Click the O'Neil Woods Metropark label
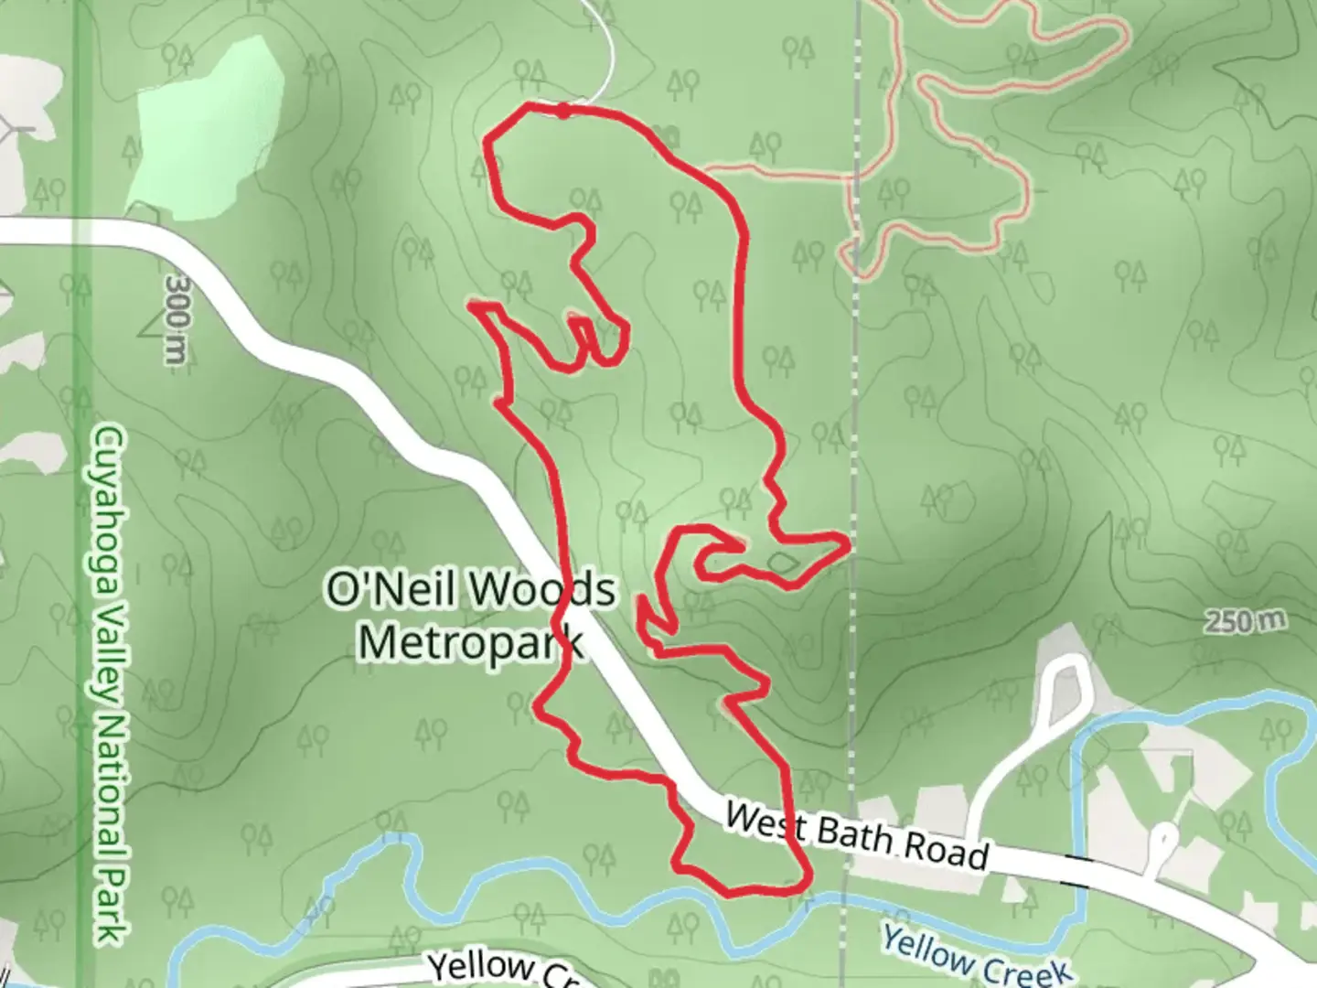pos(470,615)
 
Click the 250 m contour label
pos(1244,622)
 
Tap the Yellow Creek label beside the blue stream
pos(974,956)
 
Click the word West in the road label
pos(766,820)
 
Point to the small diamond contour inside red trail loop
pos(782,561)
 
